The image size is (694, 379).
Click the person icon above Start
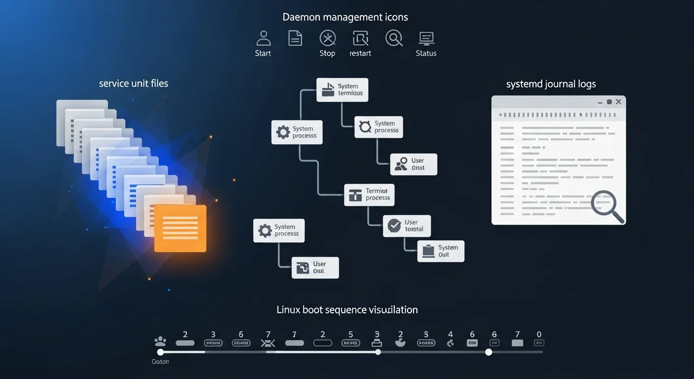(263, 38)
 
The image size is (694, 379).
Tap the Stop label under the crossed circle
(327, 53)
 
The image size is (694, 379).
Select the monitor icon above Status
(426, 38)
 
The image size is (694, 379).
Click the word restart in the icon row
(360, 53)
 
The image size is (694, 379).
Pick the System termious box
(342, 89)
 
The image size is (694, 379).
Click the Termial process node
(369, 194)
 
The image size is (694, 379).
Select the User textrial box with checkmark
(407, 226)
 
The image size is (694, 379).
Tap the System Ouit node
(441, 251)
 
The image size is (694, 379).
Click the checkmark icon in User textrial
(394, 226)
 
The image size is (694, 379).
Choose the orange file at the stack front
(180, 228)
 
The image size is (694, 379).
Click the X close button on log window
(619, 102)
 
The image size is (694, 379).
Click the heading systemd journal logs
(551, 84)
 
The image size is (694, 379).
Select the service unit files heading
(134, 83)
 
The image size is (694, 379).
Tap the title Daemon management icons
(345, 17)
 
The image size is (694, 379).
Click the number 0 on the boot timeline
(539, 334)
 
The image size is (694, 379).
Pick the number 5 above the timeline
(350, 334)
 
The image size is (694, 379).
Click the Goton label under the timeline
(160, 362)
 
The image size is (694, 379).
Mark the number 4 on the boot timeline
(450, 334)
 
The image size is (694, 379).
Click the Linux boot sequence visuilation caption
(347, 310)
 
